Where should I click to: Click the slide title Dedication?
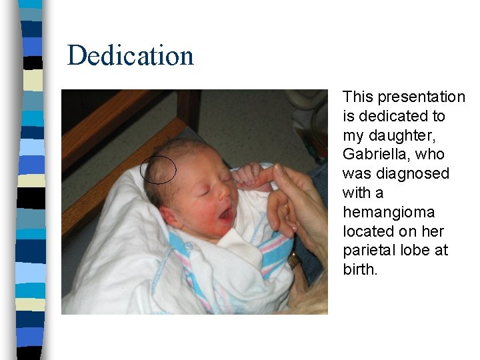pos(131,55)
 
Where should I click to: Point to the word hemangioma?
pos(389,212)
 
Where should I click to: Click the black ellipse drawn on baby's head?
pos(158,170)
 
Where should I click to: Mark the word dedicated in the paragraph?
pos(393,116)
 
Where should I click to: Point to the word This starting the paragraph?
pos(356,97)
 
